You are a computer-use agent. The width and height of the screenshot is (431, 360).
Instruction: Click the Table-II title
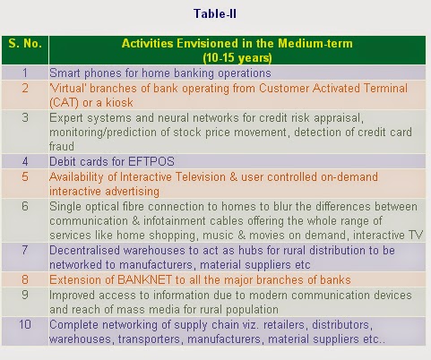coord(215,13)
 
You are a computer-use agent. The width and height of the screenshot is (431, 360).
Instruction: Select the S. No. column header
coord(25,44)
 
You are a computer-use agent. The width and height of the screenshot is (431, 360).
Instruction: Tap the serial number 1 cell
coord(25,73)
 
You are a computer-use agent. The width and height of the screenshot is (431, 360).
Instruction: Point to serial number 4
coord(25,161)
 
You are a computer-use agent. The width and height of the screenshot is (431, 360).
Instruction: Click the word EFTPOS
coord(151,161)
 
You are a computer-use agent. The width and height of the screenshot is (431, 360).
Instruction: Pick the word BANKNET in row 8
coord(145,280)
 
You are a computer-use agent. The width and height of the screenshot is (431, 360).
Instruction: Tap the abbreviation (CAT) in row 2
coord(64,103)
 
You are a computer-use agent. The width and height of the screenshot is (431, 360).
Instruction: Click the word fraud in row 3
coord(62,147)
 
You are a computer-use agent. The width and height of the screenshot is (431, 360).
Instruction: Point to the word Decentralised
coord(84,250)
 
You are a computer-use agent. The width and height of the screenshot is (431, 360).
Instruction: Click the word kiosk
coord(119,103)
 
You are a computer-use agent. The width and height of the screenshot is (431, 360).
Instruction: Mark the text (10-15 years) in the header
coord(237,57)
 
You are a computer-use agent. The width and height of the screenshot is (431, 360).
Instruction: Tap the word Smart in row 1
coord(65,73)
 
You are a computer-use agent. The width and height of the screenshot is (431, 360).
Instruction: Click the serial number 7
coord(25,250)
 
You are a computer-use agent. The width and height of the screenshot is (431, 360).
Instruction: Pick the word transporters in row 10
coord(151,339)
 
